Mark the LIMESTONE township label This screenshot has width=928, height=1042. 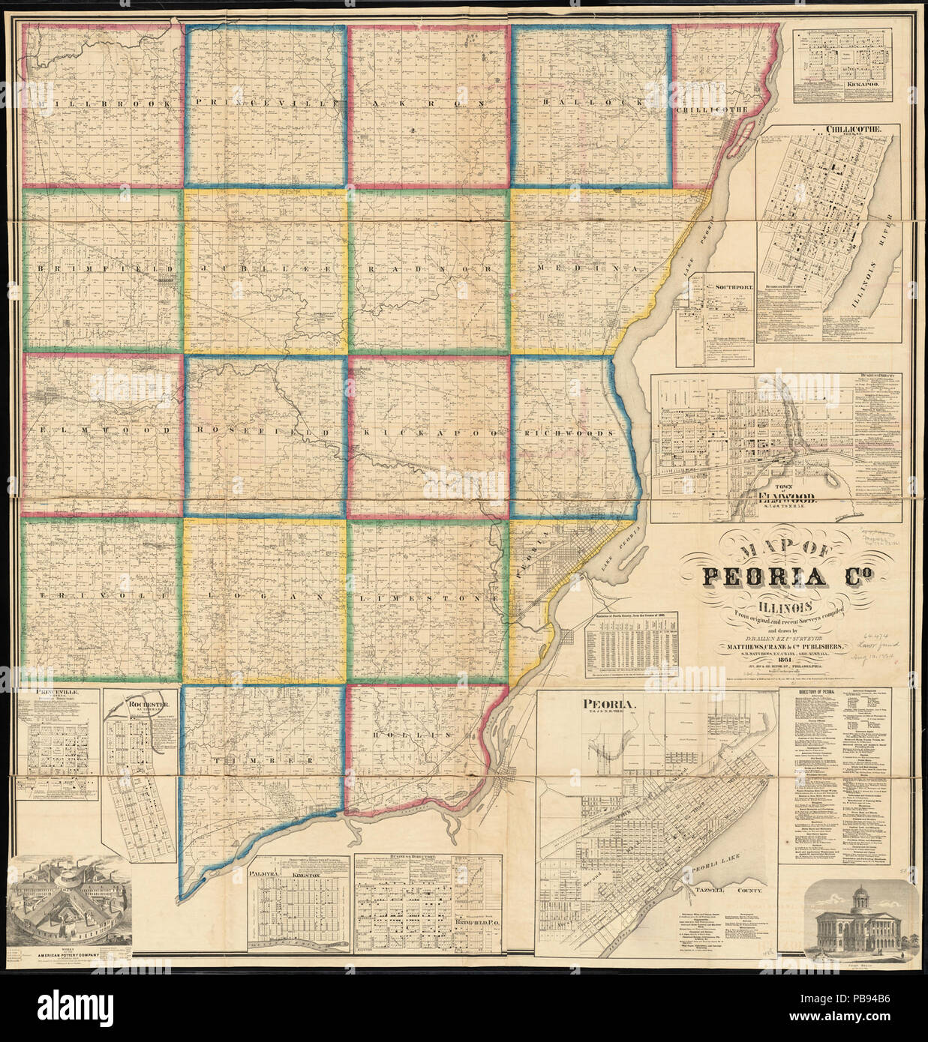coord(430,598)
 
